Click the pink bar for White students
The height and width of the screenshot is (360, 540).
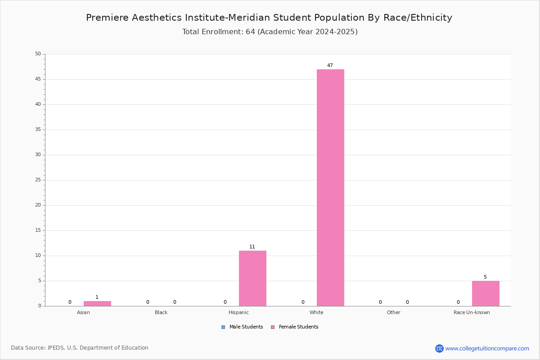pos(330,188)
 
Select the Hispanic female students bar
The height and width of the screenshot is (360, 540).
pos(252,278)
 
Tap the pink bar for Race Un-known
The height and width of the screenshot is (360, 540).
pos(486,293)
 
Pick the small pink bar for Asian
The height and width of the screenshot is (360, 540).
pos(97,304)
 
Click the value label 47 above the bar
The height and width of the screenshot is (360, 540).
pos(330,65)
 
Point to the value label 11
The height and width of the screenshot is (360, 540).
pos(252,247)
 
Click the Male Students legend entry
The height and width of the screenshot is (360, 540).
pos(242,327)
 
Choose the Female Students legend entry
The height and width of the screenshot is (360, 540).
pos(294,327)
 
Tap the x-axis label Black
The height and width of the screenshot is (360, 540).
pos(161,312)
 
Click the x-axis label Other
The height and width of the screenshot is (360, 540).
pos(393,312)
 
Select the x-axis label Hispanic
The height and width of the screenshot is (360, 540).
pos(238,312)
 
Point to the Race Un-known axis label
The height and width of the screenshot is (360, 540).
pos(472,312)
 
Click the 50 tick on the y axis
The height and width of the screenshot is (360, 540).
pos(38,54)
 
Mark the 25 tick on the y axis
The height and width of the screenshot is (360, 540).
pos(38,180)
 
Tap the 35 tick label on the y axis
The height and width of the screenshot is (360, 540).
pos(38,130)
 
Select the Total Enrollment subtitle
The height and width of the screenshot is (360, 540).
pos(270,32)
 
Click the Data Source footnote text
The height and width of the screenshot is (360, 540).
pos(80,348)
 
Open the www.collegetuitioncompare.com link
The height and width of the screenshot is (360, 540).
pos(487,348)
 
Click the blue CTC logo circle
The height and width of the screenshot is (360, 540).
pos(439,348)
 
